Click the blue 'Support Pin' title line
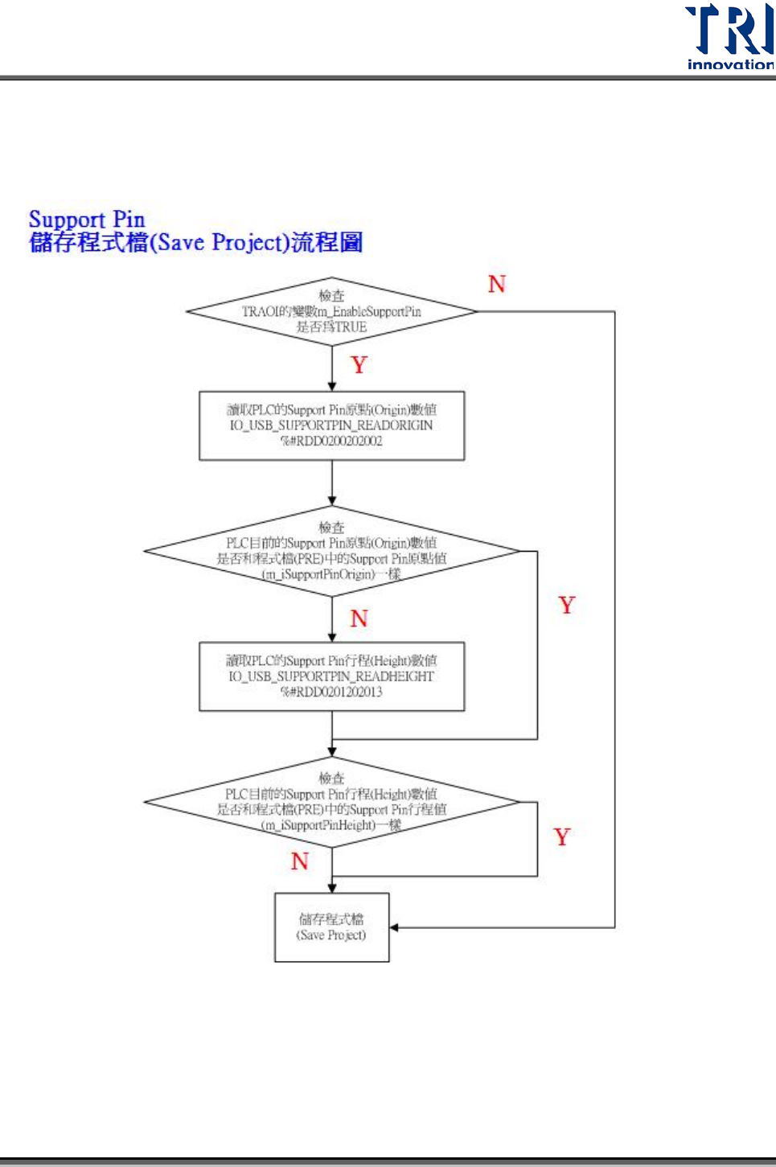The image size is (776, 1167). [87, 219]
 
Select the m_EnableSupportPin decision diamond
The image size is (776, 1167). [331, 312]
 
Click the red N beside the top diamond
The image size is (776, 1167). [497, 285]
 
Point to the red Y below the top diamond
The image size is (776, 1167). [359, 365]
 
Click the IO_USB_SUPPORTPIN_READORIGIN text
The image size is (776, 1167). [331, 425]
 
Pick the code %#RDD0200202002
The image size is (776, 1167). [331, 442]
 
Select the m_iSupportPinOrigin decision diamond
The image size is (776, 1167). [331, 552]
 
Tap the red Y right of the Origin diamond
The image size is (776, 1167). [567, 606]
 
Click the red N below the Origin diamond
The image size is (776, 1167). [359, 618]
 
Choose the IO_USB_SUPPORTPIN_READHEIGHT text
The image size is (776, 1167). [331, 676]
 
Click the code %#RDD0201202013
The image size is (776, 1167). [331, 692]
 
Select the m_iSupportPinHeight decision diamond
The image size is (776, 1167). [331, 802]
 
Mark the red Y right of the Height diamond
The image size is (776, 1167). [562, 837]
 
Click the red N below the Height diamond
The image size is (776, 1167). [300, 861]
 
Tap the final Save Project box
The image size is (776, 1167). [331, 927]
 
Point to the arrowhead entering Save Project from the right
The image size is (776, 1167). [395, 928]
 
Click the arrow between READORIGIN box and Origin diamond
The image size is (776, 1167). [332, 483]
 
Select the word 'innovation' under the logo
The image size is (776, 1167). [730, 64]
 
